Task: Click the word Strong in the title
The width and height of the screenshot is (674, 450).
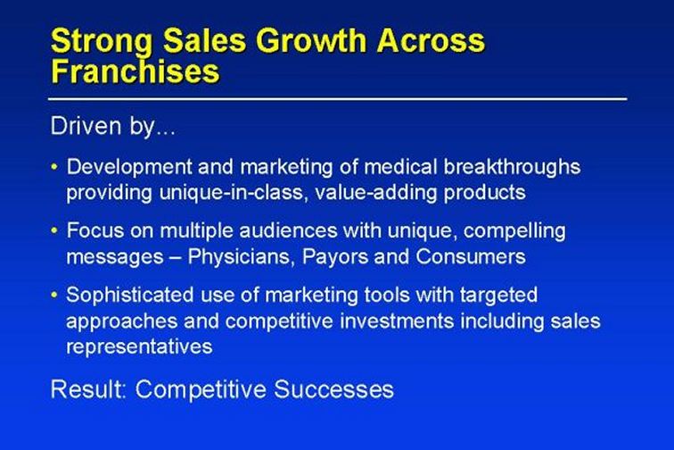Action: pyautogui.click(x=102, y=41)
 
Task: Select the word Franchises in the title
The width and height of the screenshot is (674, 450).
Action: pyautogui.click(x=136, y=71)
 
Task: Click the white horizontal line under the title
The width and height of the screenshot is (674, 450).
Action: pyautogui.click(x=337, y=99)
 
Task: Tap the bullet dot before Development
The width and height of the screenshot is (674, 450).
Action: pyautogui.click(x=54, y=166)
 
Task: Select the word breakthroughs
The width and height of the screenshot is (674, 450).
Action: pyautogui.click(x=512, y=168)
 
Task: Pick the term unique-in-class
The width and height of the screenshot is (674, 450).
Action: pyautogui.click(x=234, y=193)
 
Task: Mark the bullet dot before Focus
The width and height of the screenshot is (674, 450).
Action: pyautogui.click(x=54, y=231)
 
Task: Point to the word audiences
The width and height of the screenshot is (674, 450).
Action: pyautogui.click(x=288, y=231)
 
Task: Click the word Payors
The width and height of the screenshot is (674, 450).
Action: pyautogui.click(x=335, y=257)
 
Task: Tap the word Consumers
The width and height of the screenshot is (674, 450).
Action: pyautogui.click(x=471, y=256)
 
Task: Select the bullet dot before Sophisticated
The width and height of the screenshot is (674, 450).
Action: pyautogui.click(x=54, y=295)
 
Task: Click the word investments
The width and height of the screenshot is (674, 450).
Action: pyautogui.click(x=397, y=321)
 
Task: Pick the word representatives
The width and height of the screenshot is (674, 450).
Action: pyautogui.click(x=139, y=347)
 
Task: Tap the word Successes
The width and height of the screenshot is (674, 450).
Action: pyautogui.click(x=333, y=389)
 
